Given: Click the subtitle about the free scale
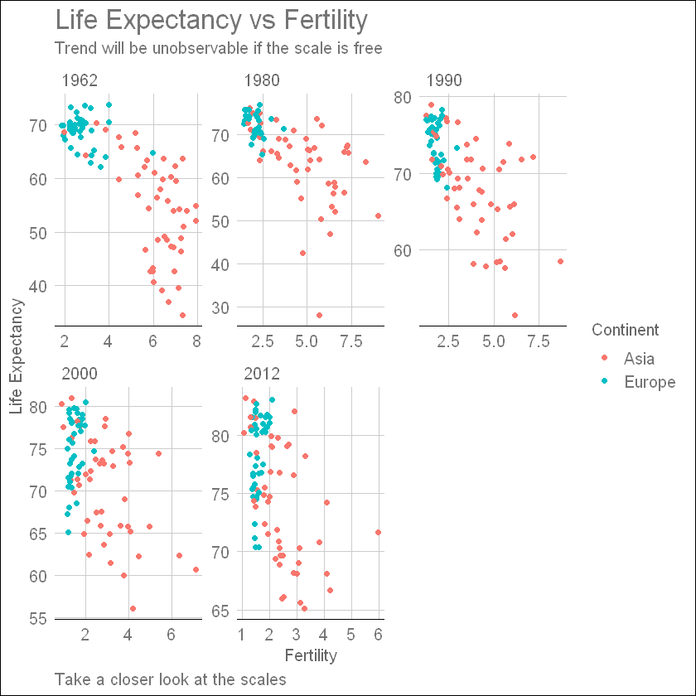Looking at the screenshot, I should click(218, 48).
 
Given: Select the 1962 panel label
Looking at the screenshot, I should click(80, 80).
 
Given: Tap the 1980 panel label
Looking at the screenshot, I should click(262, 80).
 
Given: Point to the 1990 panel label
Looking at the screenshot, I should click(444, 80).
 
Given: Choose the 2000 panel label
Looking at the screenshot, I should click(80, 374).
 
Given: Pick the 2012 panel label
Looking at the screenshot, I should click(262, 374).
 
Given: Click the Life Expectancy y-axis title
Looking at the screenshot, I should click(16, 355).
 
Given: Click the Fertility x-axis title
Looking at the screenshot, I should click(310, 655).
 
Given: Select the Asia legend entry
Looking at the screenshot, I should click(639, 359).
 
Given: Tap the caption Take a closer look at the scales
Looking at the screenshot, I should click(170, 679).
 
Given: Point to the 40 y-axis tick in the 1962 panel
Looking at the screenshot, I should click(39, 286).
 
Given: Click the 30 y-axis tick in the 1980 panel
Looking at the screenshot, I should click(221, 307).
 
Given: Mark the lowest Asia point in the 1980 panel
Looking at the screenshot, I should click(319, 315).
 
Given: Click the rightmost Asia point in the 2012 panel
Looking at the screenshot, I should click(378, 532).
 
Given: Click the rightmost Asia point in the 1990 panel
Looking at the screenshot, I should click(560, 261).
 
